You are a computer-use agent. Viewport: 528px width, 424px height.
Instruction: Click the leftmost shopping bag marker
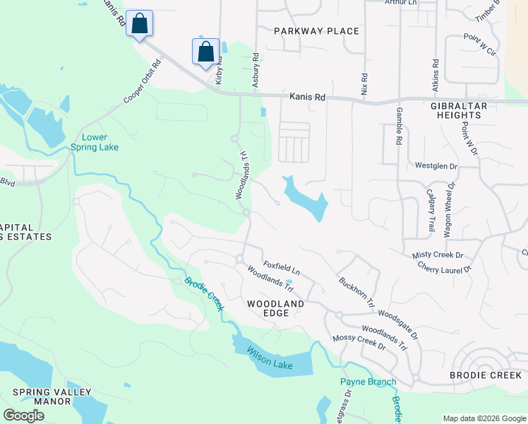point(140,24)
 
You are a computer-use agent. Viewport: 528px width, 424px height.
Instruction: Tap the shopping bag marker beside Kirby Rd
point(205,52)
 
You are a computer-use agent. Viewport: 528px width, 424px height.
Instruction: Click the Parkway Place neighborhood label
point(316,31)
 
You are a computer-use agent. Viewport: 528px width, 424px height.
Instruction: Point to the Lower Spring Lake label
point(95,142)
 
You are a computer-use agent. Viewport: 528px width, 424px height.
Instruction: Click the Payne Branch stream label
point(368,382)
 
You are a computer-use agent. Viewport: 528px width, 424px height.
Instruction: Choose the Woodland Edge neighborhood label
point(275,308)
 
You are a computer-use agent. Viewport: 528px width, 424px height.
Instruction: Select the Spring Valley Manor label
point(42,396)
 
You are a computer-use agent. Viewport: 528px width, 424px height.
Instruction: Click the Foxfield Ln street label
point(282,267)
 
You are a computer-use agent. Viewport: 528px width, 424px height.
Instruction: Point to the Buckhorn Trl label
point(356,290)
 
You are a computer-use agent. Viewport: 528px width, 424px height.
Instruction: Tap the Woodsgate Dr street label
point(398,324)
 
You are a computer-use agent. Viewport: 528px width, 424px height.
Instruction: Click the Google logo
point(23,416)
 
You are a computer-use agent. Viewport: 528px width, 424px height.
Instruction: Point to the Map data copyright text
point(484,418)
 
